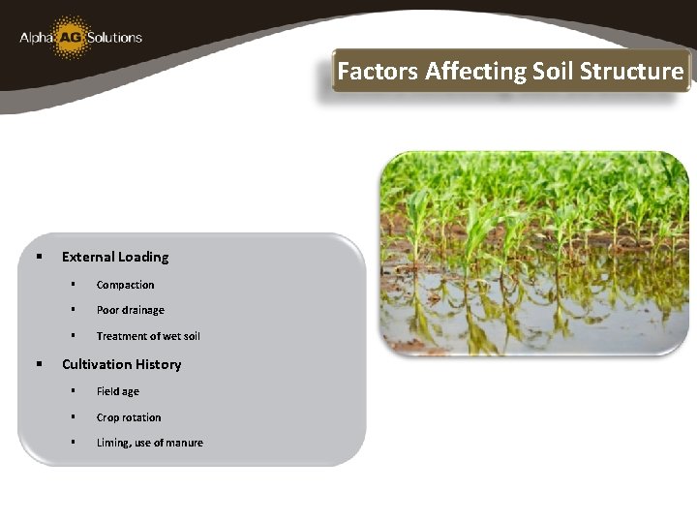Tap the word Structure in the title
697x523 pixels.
[x=635, y=72]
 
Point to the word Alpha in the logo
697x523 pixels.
[x=36, y=39]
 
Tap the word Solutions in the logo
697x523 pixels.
[x=115, y=38]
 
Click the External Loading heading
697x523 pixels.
[x=115, y=257]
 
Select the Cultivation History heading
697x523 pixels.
[x=121, y=364]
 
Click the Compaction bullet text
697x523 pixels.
[x=125, y=285]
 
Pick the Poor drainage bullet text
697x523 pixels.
[x=130, y=310]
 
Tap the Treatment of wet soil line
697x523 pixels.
[x=148, y=336]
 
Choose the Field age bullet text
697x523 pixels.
[x=117, y=391]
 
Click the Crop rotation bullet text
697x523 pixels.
[x=129, y=417]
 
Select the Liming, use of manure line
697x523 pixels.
[x=149, y=443]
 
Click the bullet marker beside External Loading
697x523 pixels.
[x=39, y=257]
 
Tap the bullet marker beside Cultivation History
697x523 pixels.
[x=39, y=364]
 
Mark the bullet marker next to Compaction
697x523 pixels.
[x=73, y=285]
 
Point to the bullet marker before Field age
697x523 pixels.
[x=73, y=391]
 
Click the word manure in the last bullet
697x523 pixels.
[x=184, y=443]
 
